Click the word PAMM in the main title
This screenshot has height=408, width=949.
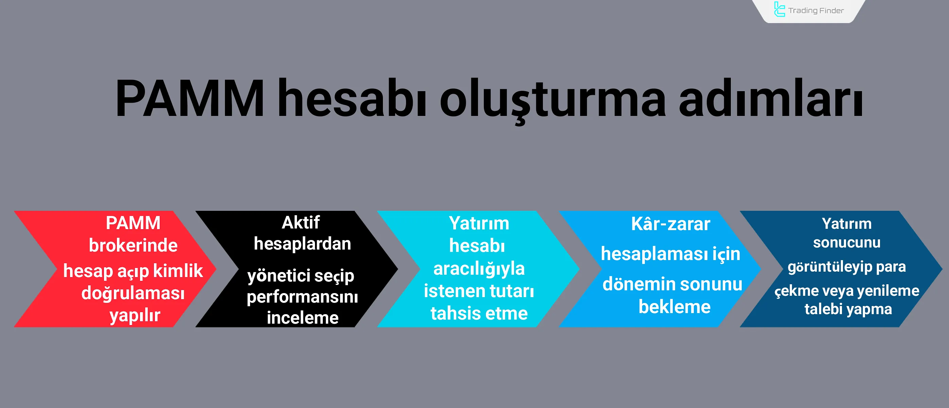point(190,99)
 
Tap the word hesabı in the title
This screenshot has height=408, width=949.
point(352,99)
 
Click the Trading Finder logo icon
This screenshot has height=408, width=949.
point(779,10)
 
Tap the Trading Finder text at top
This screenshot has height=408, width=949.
point(816,11)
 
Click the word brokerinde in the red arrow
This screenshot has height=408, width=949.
point(133,245)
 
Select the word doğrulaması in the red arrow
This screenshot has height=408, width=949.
point(133,293)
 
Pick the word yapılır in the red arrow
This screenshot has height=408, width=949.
point(135,316)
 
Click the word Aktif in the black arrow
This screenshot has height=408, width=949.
point(301,223)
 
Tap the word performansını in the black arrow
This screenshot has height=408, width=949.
point(302,297)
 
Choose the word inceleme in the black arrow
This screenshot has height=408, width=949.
point(302,318)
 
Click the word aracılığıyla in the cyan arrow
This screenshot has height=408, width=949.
point(479,269)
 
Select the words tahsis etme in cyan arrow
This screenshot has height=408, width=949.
point(479,313)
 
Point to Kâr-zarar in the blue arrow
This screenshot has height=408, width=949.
point(670,224)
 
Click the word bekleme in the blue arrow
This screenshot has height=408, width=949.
point(674,307)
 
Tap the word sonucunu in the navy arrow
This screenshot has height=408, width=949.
point(847,243)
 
